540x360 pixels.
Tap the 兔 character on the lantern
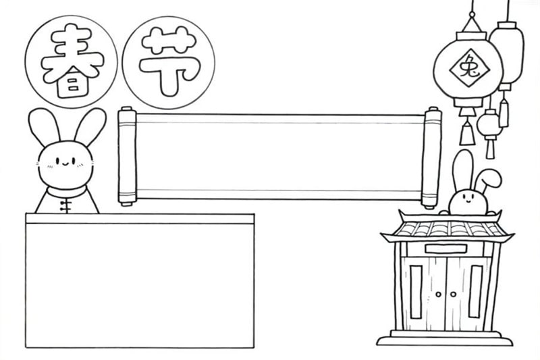coord(469,68)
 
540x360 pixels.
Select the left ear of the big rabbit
coord(43,128)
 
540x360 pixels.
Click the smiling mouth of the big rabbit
coord(65,163)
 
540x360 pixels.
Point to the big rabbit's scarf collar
coord(66,192)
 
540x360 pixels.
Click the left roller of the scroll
coord(127,156)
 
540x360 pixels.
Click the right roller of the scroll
coord(431,158)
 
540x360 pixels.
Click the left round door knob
coord(438,294)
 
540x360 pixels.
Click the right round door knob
coord(453,294)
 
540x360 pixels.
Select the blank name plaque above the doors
coord(446,249)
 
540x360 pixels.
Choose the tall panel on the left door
coord(416,292)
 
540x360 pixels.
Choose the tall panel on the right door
coord(476,292)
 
